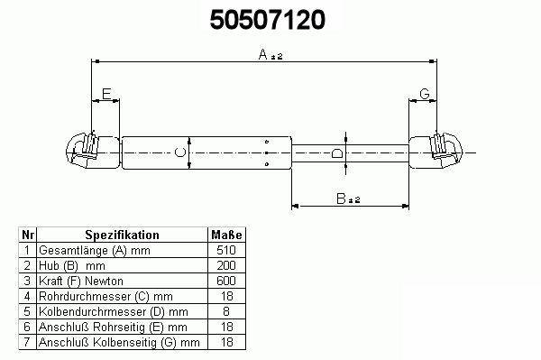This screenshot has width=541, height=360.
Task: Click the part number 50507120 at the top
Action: coord(268,19)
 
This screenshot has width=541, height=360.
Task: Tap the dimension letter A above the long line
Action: coord(263,54)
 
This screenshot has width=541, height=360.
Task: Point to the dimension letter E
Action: coord(106,94)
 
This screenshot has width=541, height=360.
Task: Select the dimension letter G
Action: coord(425,94)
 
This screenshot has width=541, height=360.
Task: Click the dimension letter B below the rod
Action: coord(341,198)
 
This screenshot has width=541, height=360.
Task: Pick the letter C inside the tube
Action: coord(180,152)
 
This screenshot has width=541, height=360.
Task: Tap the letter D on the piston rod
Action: coord(336,152)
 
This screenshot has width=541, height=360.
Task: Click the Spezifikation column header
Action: coord(122,235)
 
